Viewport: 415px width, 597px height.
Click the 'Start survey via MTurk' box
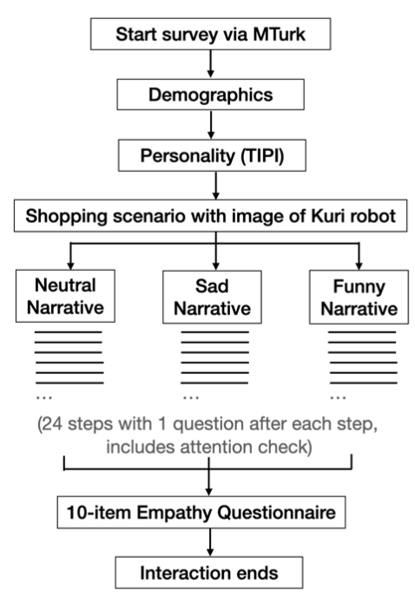[x=210, y=34]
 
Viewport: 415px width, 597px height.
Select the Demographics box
[x=210, y=95]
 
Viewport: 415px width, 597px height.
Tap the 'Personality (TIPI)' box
[x=212, y=155]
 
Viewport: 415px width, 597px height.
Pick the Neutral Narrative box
[x=65, y=296]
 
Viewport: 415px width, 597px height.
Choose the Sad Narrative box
[x=212, y=297]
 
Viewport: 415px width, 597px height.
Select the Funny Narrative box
[x=359, y=297]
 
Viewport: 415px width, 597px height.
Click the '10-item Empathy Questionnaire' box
[x=201, y=512]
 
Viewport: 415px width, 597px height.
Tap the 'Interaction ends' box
[x=209, y=573]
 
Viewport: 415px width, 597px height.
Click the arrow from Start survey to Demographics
[x=210, y=64]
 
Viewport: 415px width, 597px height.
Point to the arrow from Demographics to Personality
[x=211, y=124]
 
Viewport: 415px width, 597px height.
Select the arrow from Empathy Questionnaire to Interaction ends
[x=209, y=542]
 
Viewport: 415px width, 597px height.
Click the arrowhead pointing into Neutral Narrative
[x=70, y=265]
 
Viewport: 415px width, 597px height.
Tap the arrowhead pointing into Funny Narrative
[x=359, y=266]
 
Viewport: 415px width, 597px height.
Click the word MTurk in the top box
[x=279, y=34]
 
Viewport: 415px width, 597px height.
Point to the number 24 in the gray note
[x=53, y=423]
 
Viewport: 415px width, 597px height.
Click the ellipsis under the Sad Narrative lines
[x=191, y=397]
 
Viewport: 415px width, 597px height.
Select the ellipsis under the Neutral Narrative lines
[x=43, y=397]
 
